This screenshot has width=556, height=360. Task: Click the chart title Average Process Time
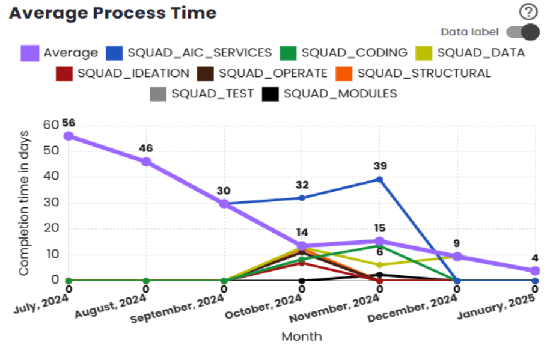[x=112, y=13]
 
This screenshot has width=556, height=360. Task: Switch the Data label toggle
[x=522, y=32]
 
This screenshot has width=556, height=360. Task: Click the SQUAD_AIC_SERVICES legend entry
[x=190, y=53]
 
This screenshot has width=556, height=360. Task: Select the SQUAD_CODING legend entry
[x=344, y=53]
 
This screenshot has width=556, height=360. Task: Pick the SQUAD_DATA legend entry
[x=471, y=53]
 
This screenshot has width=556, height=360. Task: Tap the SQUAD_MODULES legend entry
[x=331, y=94]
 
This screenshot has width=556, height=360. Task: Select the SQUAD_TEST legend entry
[x=202, y=94]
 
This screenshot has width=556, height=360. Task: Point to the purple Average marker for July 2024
[x=69, y=136]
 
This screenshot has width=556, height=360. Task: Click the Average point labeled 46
[x=146, y=162]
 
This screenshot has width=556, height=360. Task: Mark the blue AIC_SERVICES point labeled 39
[x=379, y=179]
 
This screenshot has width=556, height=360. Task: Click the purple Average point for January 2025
[x=535, y=271]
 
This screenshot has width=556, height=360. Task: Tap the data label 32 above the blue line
[x=302, y=185]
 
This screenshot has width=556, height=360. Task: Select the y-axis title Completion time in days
[x=24, y=203]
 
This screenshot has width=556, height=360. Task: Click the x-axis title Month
[x=301, y=336]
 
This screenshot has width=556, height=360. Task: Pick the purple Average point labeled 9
[x=457, y=257]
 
